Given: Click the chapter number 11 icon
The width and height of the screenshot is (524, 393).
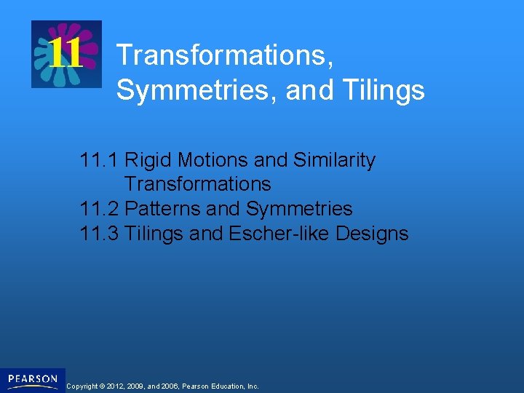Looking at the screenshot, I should pyautogui.click(x=65, y=54).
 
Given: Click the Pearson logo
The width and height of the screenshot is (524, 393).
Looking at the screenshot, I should pyautogui.click(x=33, y=380).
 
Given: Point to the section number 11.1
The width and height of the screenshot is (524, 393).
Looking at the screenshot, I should pyautogui.click(x=99, y=160).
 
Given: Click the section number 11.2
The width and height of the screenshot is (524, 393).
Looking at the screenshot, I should pyautogui.click(x=99, y=209).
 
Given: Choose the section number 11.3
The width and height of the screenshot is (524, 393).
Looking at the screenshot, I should pyautogui.click(x=99, y=234).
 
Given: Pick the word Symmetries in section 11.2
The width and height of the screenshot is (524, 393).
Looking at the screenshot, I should pyautogui.click(x=298, y=209).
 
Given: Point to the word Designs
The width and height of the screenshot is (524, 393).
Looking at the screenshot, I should pyautogui.click(x=377, y=234).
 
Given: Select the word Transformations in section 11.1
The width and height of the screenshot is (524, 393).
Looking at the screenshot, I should pyautogui.click(x=197, y=184).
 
